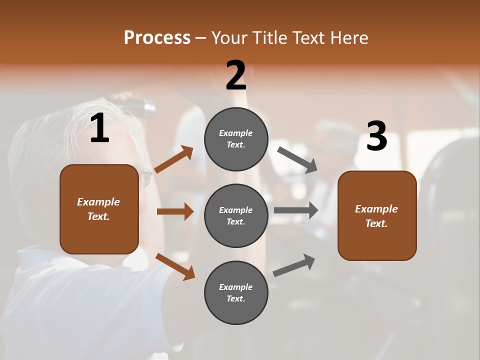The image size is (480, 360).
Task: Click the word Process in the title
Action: pyautogui.click(x=157, y=37)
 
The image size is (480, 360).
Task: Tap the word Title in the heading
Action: pyautogui.click(x=269, y=37)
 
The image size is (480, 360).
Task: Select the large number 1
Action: pyautogui.click(x=99, y=129)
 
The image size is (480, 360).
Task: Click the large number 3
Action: pyautogui.click(x=376, y=136)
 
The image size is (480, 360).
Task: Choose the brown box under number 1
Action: pyautogui.click(x=99, y=209)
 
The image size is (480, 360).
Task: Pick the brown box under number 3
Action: pyautogui.click(x=377, y=216)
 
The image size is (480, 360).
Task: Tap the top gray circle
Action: pyautogui.click(x=236, y=139)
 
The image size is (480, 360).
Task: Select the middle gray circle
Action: pyautogui.click(x=236, y=216)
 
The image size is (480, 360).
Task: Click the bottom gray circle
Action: pyautogui.click(x=236, y=293)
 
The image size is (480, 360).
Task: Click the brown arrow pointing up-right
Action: pyautogui.click(x=174, y=159)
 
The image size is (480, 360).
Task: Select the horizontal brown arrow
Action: pyautogui.click(x=175, y=211)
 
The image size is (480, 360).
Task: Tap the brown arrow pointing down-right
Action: pyautogui.click(x=175, y=266)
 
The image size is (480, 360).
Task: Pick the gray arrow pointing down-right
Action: pyautogui.click(x=297, y=160)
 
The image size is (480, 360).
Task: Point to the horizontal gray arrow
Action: pyautogui.click(x=296, y=210)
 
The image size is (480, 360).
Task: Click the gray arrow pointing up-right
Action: pyautogui.click(x=294, y=265)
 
